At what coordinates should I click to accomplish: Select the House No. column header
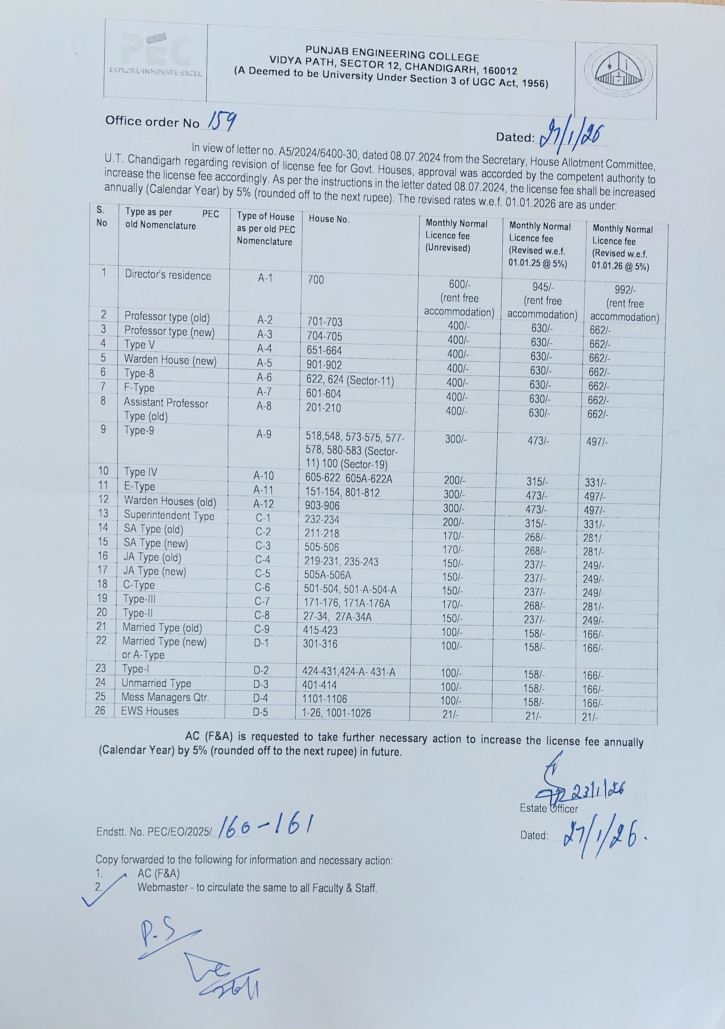click(x=329, y=219)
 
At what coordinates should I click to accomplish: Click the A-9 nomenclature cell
click(x=264, y=434)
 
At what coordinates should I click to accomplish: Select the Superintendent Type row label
click(x=169, y=516)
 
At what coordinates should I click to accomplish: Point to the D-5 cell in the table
click(x=261, y=712)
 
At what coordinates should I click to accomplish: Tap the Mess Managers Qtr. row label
click(x=165, y=697)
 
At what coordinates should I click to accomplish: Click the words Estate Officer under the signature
click(x=549, y=809)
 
